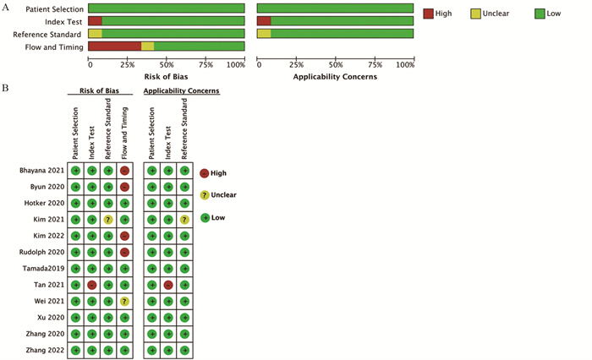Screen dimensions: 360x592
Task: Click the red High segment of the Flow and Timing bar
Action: pyautogui.click(x=115, y=46)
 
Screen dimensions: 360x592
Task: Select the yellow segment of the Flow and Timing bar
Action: pyautogui.click(x=147, y=46)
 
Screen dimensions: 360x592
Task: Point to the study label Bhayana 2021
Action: pyautogui.click(x=43, y=171)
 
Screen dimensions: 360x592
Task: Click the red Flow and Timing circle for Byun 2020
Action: pyautogui.click(x=124, y=187)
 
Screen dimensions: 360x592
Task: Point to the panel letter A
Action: pyautogui.click(x=6, y=8)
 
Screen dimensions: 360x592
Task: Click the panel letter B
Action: pyautogui.click(x=6, y=88)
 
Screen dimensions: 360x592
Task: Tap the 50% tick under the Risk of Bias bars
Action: pyautogui.click(x=167, y=64)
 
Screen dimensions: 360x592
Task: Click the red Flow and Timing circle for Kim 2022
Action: pyautogui.click(x=124, y=236)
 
